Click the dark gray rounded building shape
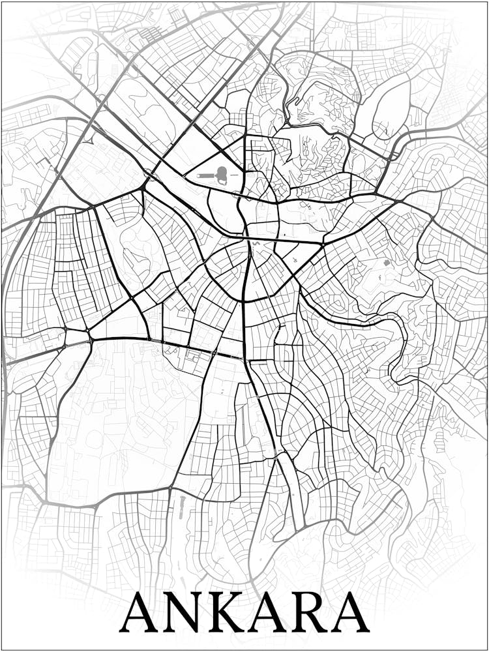(x=222, y=174)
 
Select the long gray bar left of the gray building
(x=205, y=175)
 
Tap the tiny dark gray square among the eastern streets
(x=387, y=262)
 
